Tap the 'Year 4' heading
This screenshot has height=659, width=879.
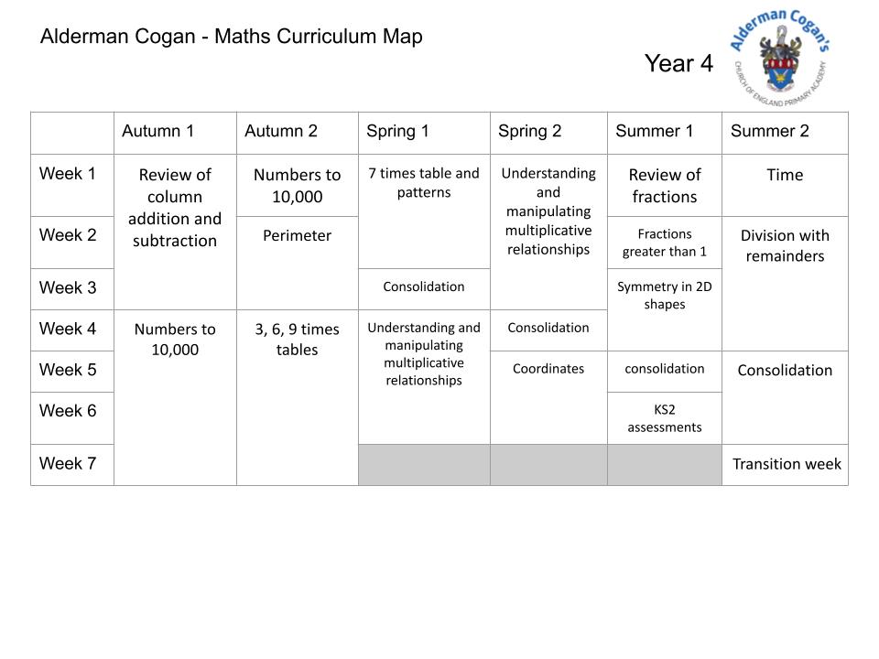pyautogui.click(x=678, y=63)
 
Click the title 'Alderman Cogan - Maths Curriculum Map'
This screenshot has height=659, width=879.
pyautogui.click(x=232, y=37)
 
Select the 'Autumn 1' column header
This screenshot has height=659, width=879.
pyautogui.click(x=158, y=131)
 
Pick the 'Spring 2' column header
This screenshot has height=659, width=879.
pyautogui.click(x=530, y=131)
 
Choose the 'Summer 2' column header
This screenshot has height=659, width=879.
pyautogui.click(x=770, y=131)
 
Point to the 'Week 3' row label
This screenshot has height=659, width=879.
pyautogui.click(x=68, y=288)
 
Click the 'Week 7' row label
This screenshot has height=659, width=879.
pyautogui.click(x=68, y=464)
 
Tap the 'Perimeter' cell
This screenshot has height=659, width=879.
pyautogui.click(x=297, y=235)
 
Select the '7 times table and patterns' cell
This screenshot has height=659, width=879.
pyautogui.click(x=424, y=182)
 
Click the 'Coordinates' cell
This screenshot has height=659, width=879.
pyautogui.click(x=548, y=369)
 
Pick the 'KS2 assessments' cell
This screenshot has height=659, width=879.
pyautogui.click(x=665, y=418)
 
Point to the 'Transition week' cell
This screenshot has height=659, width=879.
pyautogui.click(x=787, y=464)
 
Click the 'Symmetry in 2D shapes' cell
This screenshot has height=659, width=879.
pyautogui.click(x=665, y=295)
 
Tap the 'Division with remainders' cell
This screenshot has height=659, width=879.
pyautogui.click(x=785, y=245)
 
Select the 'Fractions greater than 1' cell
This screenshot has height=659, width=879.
pyautogui.click(x=665, y=243)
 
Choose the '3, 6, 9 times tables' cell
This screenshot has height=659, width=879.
pyautogui.click(x=297, y=339)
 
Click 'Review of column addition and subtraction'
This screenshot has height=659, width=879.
pyautogui.click(x=175, y=208)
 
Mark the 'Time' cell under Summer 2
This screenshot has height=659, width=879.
pyautogui.click(x=785, y=175)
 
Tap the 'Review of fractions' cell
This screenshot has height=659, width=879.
pyautogui.click(x=665, y=185)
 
